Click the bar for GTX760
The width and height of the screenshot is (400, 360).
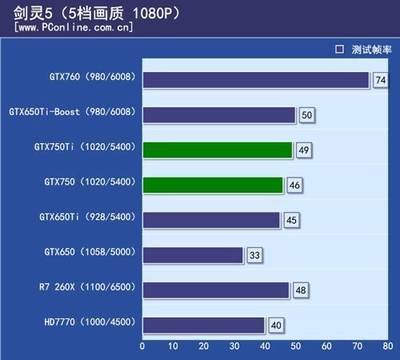(256, 80)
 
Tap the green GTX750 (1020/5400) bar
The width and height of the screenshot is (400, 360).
(213, 185)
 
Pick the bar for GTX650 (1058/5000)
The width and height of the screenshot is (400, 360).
(193, 255)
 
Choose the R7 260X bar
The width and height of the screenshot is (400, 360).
(216, 290)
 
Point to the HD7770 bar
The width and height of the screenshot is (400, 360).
(203, 325)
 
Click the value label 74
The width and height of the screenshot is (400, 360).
(380, 80)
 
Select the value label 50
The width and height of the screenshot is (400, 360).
(306, 115)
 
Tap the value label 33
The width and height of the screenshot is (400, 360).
(254, 255)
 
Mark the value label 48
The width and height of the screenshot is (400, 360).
(300, 290)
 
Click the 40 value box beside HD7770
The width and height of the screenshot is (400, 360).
(276, 325)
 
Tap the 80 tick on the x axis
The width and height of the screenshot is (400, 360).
(388, 346)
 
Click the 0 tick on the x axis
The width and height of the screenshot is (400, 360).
(142, 346)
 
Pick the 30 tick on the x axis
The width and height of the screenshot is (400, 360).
(234, 346)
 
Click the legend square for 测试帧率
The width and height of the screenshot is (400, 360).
(339, 49)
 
